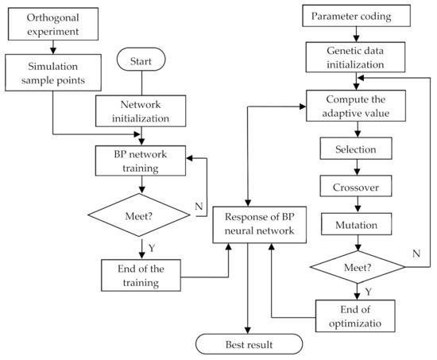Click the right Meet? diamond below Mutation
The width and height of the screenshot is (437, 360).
(x=352, y=267)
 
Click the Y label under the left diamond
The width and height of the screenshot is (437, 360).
(x=153, y=248)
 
